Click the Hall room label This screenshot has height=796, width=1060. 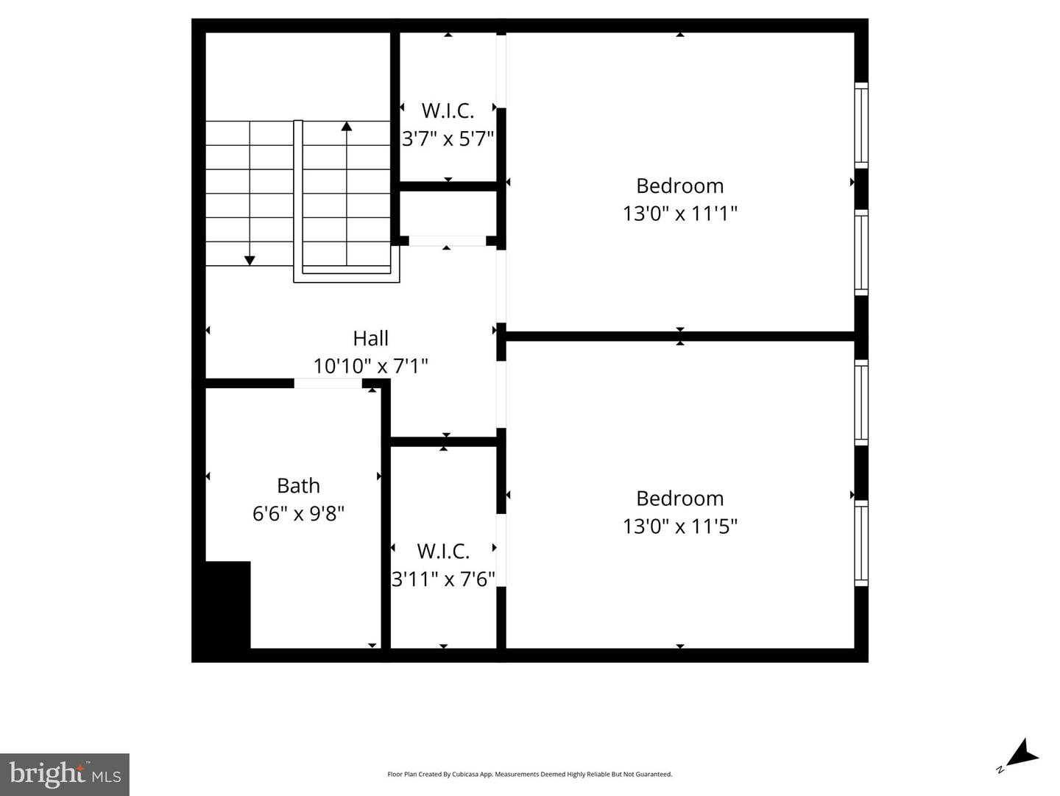tap(370, 338)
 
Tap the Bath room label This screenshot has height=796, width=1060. tap(298, 485)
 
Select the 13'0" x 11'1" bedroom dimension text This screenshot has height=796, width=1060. tap(679, 214)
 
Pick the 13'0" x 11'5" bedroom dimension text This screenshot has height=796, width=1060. tap(679, 526)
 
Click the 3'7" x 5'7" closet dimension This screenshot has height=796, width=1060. tap(448, 138)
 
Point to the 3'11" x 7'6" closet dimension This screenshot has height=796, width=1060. tap(443, 579)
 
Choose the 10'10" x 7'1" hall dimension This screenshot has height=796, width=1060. tap(370, 365)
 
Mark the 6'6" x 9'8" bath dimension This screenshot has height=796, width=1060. tap(298, 513)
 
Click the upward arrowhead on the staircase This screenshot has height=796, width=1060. tap(346, 126)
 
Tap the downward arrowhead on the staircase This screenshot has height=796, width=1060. tap(250, 260)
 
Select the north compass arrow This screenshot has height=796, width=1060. tap(1022, 755)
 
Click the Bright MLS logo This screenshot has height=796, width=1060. tap(65, 774)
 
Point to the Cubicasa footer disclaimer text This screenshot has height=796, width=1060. tap(529, 774)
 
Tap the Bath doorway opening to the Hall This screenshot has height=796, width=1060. tap(328, 383)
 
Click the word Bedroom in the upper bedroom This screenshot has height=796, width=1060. tap(679, 186)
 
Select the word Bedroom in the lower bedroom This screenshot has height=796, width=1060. tap(679, 499)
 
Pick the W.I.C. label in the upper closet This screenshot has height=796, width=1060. tap(448, 110)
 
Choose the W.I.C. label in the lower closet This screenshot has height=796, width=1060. tap(443, 551)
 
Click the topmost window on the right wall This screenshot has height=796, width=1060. tap(861, 124)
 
